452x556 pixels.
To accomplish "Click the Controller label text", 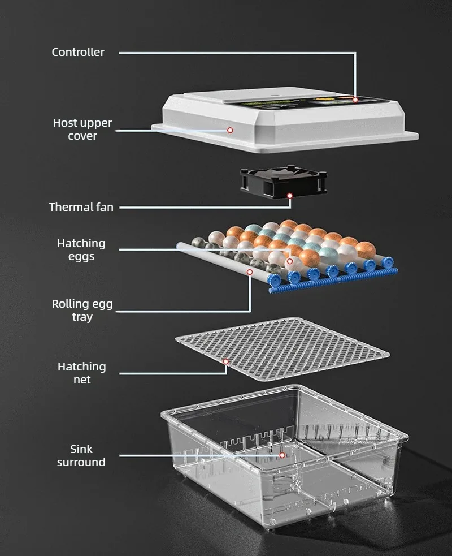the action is (78, 52).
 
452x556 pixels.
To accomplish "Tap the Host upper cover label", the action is (82, 129).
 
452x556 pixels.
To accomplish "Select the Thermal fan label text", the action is (81, 207).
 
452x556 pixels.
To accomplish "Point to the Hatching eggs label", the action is (81, 249).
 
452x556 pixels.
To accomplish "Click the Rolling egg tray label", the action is (82, 310).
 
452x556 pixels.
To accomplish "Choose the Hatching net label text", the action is (82, 373).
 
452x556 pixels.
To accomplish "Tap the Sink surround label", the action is (81, 455).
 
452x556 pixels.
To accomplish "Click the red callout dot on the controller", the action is (355, 100).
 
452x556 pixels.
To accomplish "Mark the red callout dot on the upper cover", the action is (230, 130).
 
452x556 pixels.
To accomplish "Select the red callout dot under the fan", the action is (290, 196).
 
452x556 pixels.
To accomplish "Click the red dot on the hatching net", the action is (225, 361).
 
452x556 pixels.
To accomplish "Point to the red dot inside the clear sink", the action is (282, 455).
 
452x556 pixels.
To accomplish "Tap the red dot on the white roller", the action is (250, 272).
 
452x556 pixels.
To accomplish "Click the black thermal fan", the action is (283, 181).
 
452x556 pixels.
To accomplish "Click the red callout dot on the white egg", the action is (290, 261).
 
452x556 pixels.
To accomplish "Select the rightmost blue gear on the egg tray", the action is (388, 262).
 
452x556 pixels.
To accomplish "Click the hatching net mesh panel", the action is (282, 350).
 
